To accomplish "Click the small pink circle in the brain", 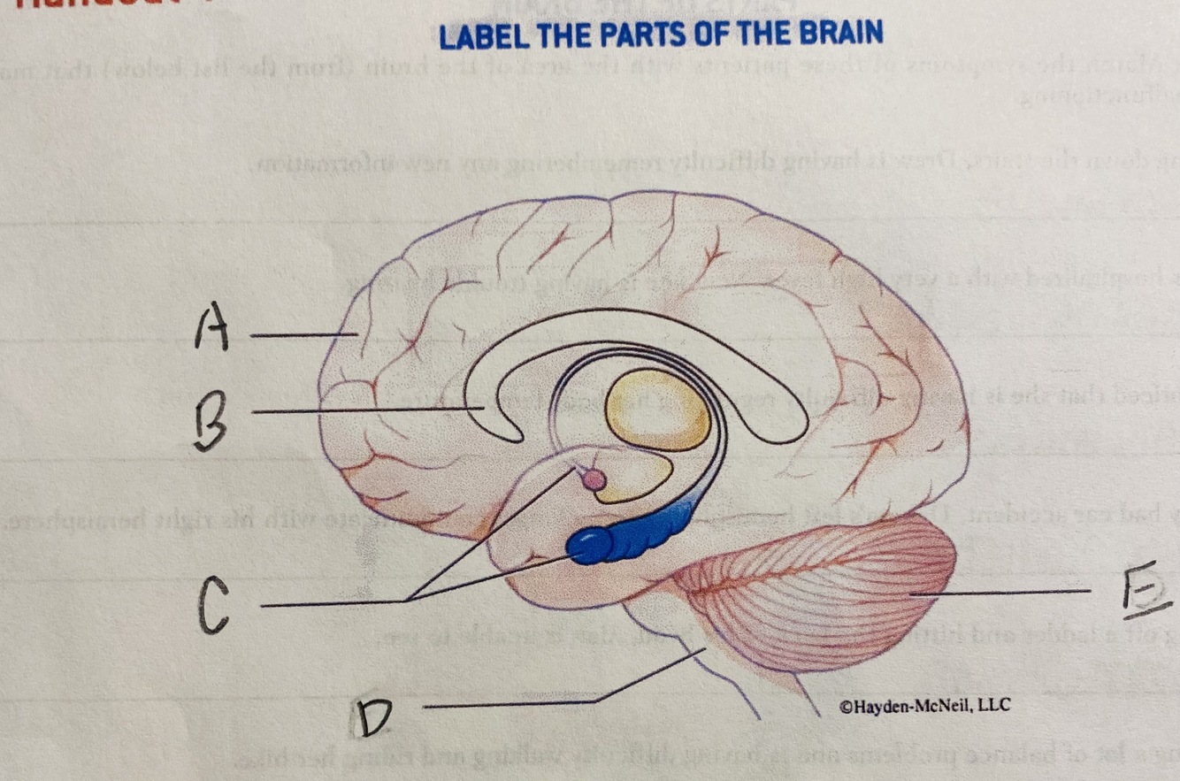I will [594, 480].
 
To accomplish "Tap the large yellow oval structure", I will [660, 410].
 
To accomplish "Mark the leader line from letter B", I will [367, 410].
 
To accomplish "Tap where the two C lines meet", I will [409, 601].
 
